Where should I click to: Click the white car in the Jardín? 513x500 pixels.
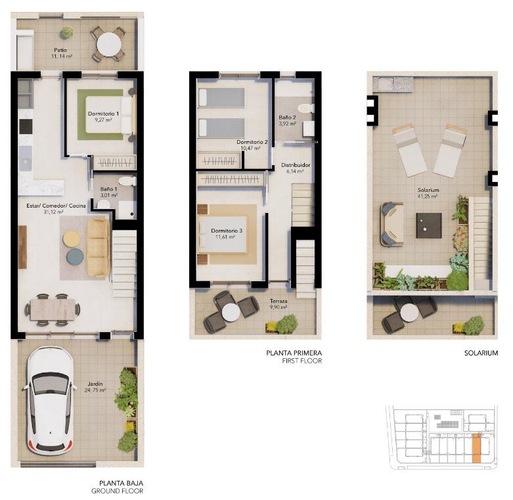[x=50, y=401]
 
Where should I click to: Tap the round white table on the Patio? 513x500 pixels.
[x=109, y=45]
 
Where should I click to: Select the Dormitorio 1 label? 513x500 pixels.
[x=103, y=114]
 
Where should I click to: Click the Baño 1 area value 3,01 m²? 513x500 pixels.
[x=109, y=195]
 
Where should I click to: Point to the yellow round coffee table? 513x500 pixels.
[x=72, y=239]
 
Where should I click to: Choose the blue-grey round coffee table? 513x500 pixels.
[x=75, y=256]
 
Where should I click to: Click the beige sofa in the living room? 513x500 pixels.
[x=98, y=248]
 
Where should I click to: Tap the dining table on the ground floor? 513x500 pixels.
[x=53, y=309]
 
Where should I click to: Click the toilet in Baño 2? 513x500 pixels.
[x=305, y=108]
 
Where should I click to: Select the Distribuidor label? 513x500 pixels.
[x=296, y=166]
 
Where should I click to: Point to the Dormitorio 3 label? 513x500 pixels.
[x=227, y=231]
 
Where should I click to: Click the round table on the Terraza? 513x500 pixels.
[x=231, y=312]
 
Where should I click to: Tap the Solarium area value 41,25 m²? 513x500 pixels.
[x=428, y=196]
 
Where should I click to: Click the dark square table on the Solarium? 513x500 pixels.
[x=429, y=225]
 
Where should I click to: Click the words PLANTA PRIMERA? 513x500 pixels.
[x=294, y=353]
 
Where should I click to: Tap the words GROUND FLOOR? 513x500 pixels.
[x=117, y=491]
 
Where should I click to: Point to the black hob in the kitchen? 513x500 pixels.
[x=26, y=126]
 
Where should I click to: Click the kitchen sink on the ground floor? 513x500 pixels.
[x=25, y=159]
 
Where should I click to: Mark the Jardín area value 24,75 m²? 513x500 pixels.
[x=95, y=390]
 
